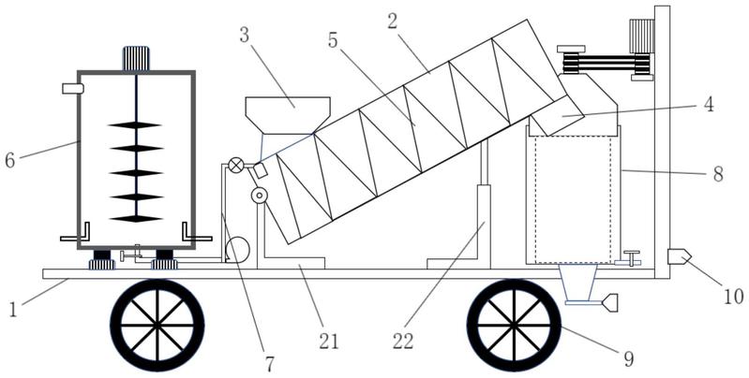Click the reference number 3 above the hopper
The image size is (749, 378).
point(244,36)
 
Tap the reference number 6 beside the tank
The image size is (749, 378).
point(10,161)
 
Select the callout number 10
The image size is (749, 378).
point(733,297)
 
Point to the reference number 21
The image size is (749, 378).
point(329,342)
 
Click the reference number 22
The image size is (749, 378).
point(403,342)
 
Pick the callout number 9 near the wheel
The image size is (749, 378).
point(629,359)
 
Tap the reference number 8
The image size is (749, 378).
point(718,174)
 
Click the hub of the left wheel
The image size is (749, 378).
point(157,325)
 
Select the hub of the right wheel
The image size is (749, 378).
point(514,326)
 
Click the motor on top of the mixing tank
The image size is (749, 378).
point(136,59)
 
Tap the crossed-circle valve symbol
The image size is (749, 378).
point(236,166)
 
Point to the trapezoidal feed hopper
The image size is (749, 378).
point(288,115)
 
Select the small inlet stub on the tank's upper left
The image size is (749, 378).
point(72,89)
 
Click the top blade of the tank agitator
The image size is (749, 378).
point(135,124)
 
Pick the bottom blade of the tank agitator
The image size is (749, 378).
point(136,219)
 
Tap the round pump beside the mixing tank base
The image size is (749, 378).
point(237,249)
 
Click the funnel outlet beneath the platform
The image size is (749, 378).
point(578,285)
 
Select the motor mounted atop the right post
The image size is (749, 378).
point(641,36)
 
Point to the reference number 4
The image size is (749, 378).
point(709,105)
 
